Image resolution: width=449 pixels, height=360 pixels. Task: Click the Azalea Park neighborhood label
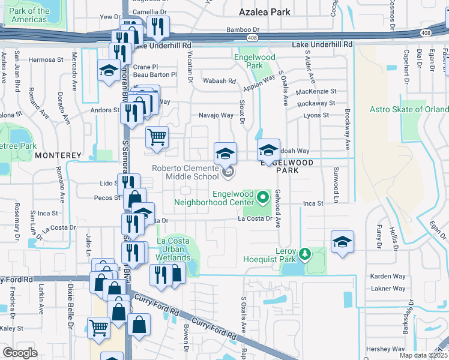point(264,12)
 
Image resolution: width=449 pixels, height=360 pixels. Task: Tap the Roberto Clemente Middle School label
point(185,172)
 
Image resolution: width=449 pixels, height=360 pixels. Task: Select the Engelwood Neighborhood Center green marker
point(262,196)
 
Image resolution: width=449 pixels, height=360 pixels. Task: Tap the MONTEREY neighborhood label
point(58,155)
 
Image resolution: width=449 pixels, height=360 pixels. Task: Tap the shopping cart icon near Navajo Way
point(157,137)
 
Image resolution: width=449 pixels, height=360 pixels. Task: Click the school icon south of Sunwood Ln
point(342,242)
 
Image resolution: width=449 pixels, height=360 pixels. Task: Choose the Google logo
point(20,353)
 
